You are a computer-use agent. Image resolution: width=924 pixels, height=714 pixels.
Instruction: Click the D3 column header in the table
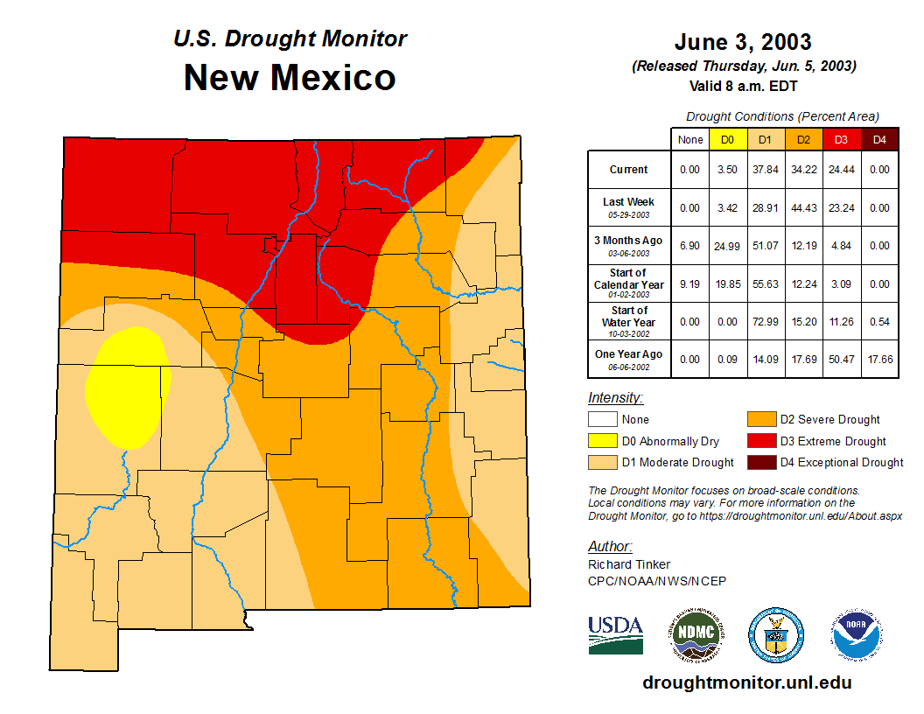pos(842,140)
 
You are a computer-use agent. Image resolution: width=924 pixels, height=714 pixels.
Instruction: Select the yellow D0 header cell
pos(727,140)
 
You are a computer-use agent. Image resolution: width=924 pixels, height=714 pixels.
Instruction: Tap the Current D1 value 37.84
pos(766,170)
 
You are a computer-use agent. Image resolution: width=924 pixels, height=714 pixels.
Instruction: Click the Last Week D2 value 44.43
pos(804,207)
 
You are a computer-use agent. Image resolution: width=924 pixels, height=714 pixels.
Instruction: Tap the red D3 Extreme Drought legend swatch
pos(759,441)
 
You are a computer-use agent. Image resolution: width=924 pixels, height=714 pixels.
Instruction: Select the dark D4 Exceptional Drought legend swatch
pos(759,462)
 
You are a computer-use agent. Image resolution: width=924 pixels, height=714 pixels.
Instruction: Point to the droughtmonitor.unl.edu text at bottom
pos(746,682)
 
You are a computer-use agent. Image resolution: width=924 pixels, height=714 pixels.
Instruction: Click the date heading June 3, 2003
pos(743,42)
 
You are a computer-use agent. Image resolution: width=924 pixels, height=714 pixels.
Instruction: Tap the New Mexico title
pos(290,78)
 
